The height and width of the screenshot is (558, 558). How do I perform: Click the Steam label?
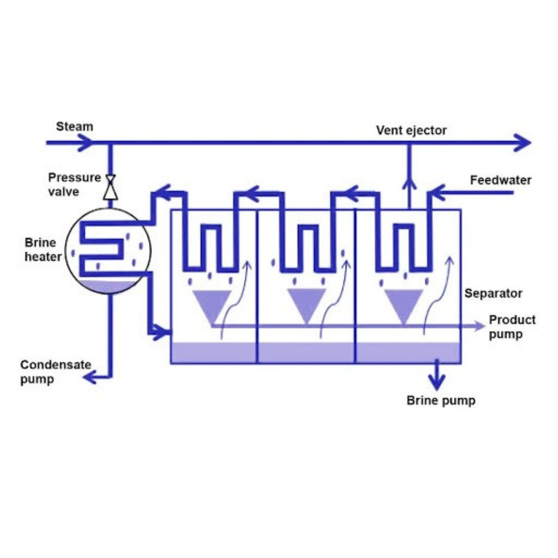(74, 127)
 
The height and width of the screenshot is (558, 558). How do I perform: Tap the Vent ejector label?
(411, 130)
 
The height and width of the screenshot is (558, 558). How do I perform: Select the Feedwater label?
(500, 180)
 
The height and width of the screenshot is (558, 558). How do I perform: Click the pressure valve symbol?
(110, 188)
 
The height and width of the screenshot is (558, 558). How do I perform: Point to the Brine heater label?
(43, 249)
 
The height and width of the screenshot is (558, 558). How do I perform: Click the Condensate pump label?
(55, 372)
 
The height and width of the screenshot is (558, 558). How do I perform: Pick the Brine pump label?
(441, 400)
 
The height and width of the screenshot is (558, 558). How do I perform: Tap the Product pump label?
(512, 327)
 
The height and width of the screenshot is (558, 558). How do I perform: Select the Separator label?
(493, 293)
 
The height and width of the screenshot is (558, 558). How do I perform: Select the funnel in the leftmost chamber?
(212, 304)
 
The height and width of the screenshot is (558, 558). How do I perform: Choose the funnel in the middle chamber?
(307, 304)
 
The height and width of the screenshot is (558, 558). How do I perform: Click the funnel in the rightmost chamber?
(404, 304)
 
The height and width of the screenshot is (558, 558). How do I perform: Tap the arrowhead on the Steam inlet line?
(85, 142)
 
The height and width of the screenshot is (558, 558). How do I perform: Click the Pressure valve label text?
(74, 184)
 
